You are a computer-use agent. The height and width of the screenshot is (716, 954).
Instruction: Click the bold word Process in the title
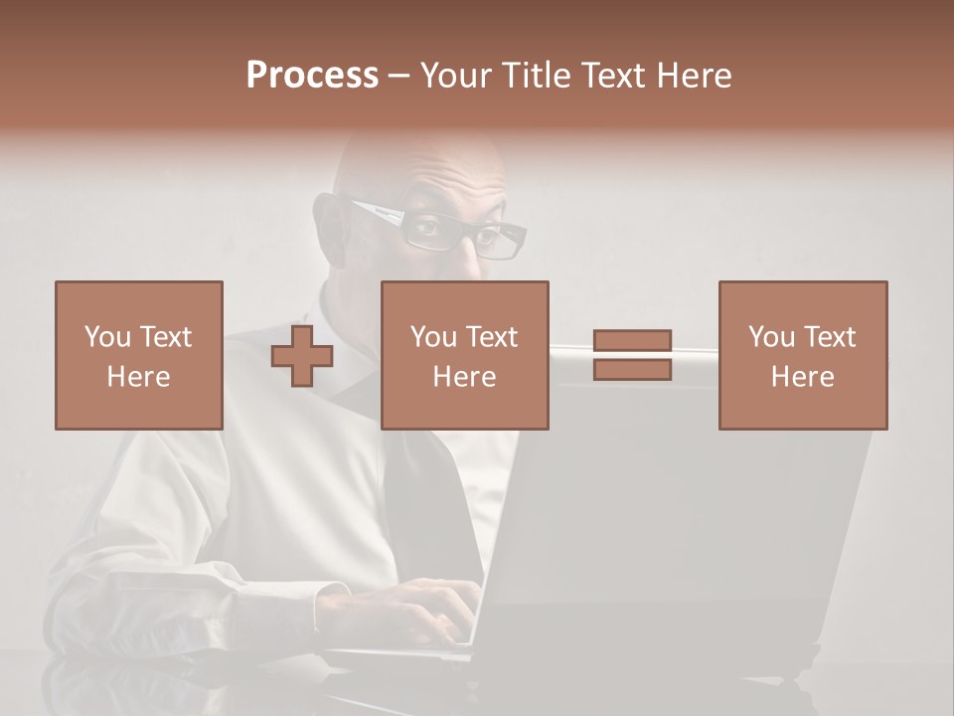(312, 76)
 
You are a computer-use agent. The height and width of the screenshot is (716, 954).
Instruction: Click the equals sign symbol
(633, 355)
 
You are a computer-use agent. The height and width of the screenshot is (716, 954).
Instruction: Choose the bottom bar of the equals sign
(633, 369)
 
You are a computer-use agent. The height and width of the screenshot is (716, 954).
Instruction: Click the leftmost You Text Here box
(138, 355)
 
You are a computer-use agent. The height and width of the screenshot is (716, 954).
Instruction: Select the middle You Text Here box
(464, 355)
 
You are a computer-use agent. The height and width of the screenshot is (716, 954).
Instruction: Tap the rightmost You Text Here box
(802, 355)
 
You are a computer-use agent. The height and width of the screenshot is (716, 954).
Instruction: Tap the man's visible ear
(331, 227)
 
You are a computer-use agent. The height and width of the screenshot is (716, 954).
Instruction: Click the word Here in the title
(694, 76)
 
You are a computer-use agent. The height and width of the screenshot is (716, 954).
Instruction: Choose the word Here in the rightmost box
(802, 377)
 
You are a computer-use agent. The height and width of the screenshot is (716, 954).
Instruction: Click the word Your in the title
(456, 76)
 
